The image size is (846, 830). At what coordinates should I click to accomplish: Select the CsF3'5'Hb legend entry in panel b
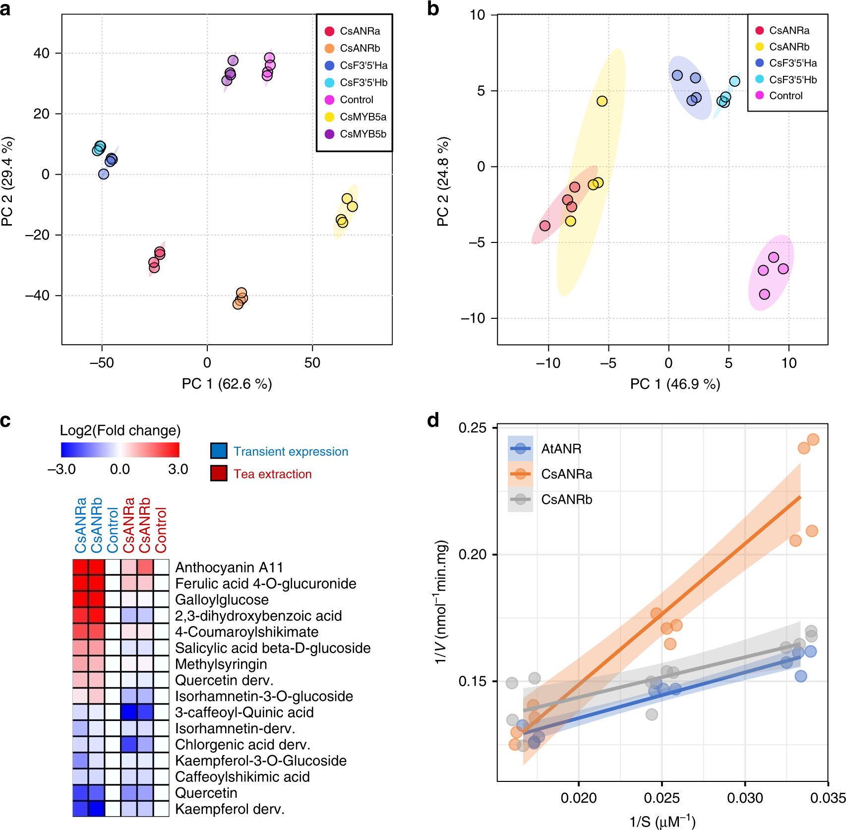point(786,79)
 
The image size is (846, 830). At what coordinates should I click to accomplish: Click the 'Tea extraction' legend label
point(272,474)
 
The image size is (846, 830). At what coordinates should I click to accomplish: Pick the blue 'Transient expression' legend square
point(219,451)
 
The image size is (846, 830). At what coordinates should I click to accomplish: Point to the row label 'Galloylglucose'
point(222,599)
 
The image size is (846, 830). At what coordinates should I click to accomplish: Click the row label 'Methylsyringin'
point(221,664)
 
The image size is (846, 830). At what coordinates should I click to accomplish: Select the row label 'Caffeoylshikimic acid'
point(242,776)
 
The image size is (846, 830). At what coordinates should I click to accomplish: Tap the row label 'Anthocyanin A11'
point(229,567)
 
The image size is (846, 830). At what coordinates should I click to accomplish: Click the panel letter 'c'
point(5,420)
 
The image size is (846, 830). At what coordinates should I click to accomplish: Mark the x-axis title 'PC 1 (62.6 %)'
point(227,384)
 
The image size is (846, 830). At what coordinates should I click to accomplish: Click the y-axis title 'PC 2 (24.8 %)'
point(443,181)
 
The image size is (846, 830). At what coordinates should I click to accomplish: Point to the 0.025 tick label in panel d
point(662,798)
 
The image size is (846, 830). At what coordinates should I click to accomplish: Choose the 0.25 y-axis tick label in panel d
point(472,428)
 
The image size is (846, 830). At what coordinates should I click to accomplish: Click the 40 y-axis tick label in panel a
point(42,53)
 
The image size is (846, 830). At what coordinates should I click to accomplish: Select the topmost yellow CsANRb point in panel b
point(602,101)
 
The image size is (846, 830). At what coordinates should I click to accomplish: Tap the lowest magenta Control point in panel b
point(765,294)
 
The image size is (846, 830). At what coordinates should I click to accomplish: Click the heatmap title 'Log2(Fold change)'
point(120,430)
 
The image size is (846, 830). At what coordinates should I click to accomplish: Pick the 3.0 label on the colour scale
point(178,469)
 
